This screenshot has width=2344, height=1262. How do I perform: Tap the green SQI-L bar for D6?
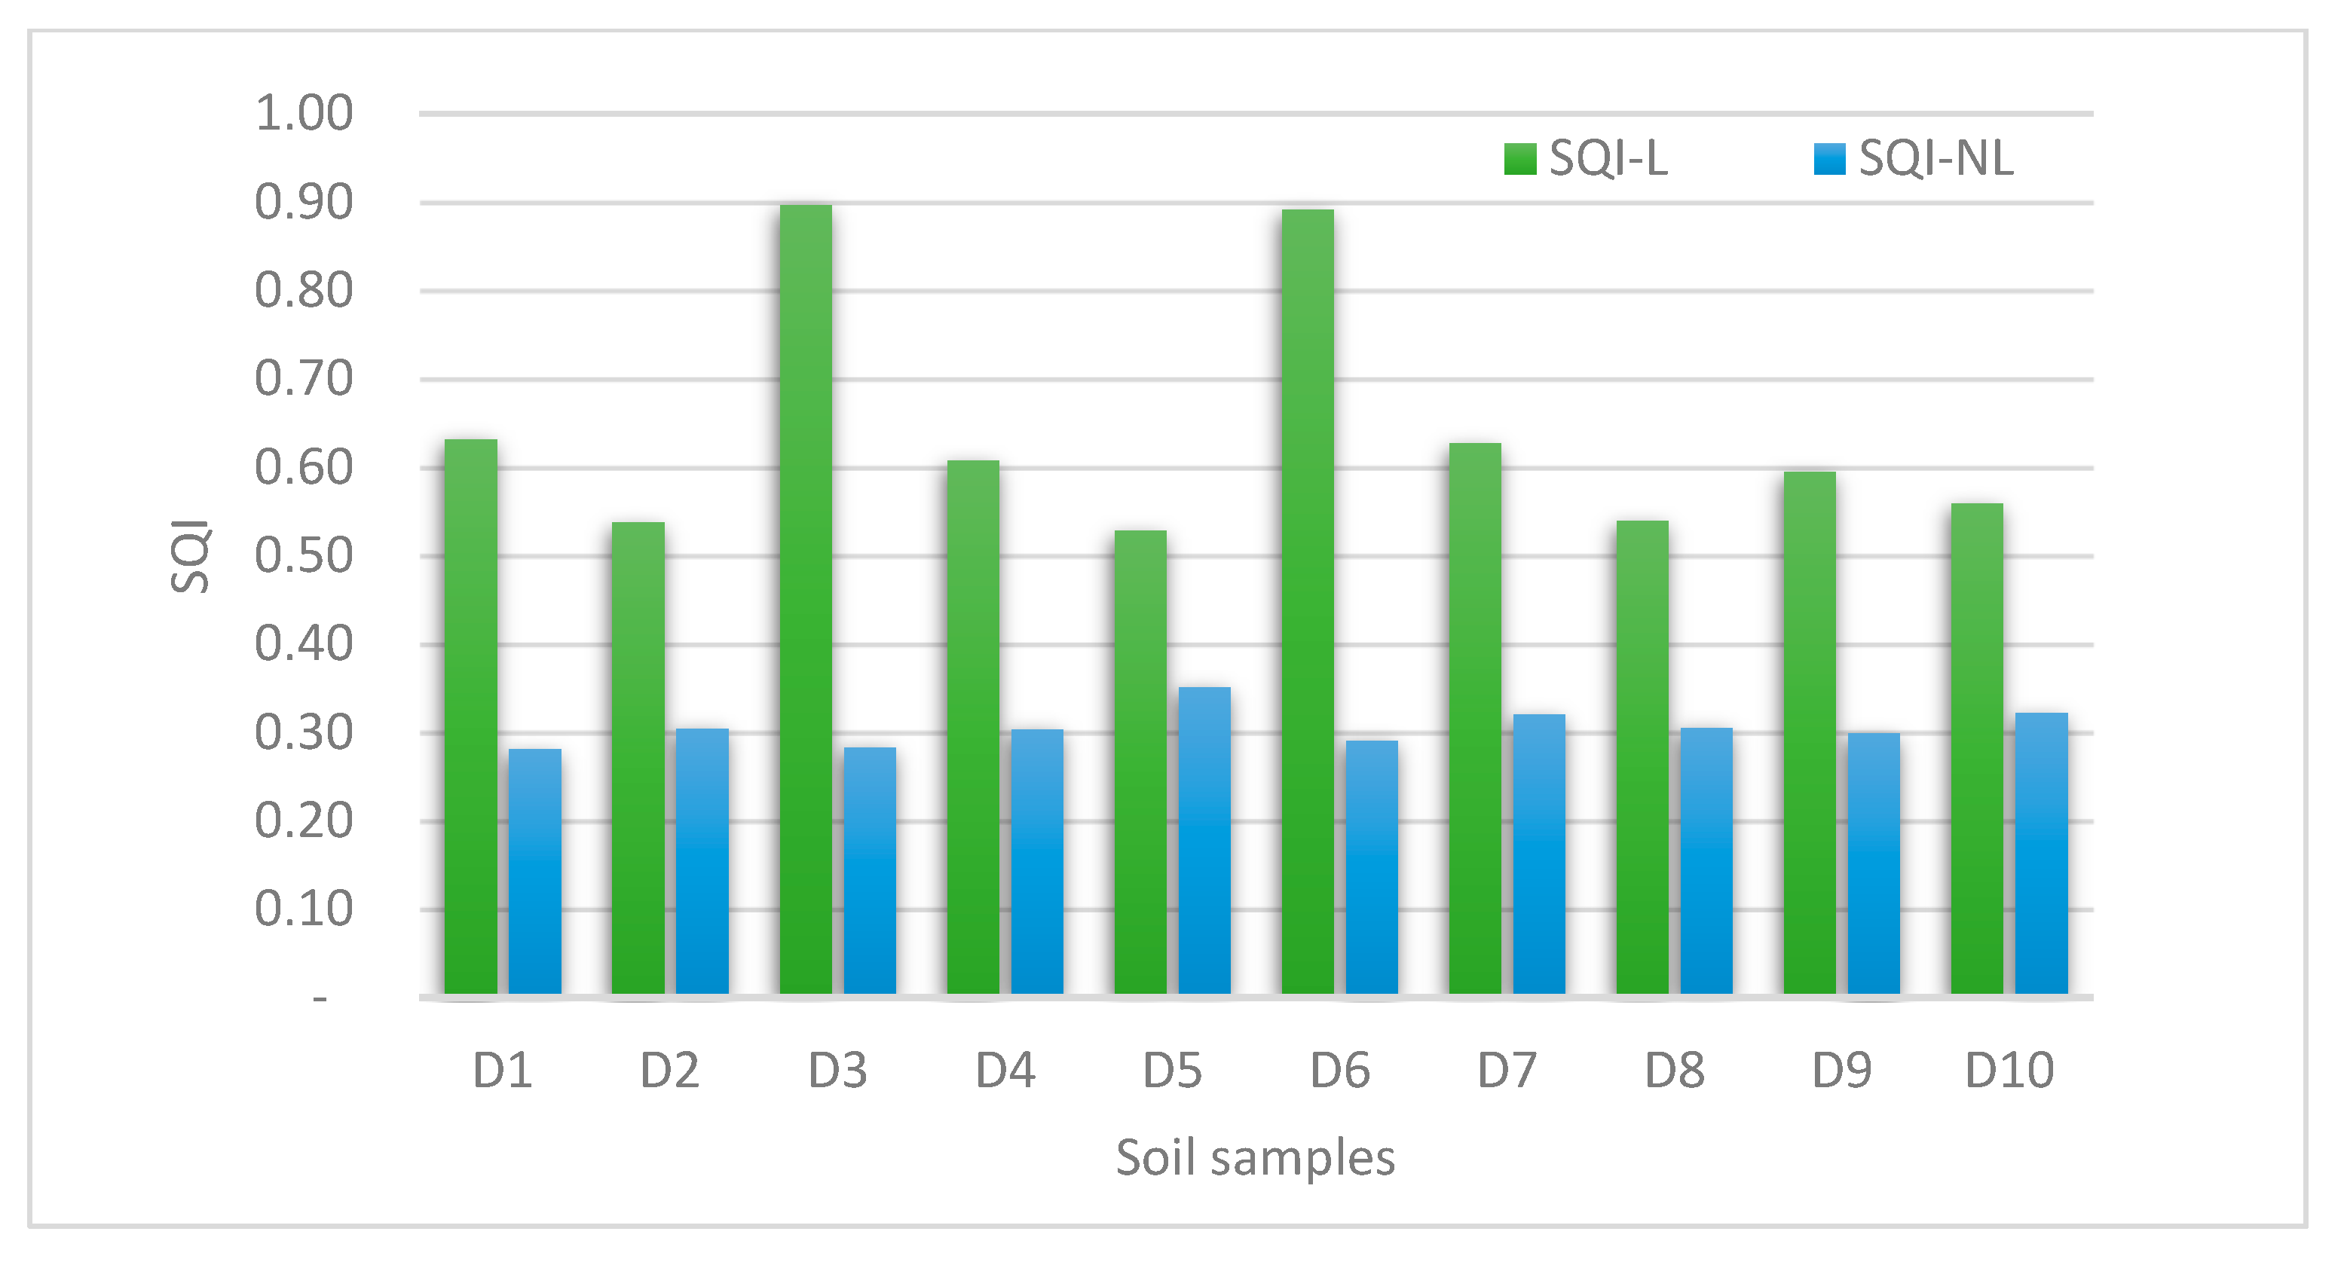(1308, 601)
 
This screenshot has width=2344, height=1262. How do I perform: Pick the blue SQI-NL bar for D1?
(535, 871)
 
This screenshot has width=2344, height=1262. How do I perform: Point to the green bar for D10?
(1976, 748)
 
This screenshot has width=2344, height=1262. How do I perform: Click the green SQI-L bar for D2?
(638, 757)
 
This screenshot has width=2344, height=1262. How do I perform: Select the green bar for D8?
(1642, 757)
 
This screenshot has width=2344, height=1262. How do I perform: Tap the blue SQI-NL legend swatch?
(1829, 158)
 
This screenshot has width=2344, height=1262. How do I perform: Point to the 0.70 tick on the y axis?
(303, 378)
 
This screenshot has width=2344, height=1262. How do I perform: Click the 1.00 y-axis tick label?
(303, 114)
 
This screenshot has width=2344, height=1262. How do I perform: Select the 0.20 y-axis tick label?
(303, 820)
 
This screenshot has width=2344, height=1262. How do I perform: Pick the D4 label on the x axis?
(1005, 1070)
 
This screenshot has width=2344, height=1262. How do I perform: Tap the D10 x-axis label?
(2009, 1070)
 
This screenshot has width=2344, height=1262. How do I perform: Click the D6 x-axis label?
(1339, 1070)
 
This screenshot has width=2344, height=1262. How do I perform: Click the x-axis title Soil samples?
(1255, 1157)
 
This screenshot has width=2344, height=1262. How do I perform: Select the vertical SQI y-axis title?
(191, 556)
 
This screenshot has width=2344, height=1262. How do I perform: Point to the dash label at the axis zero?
(320, 999)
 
